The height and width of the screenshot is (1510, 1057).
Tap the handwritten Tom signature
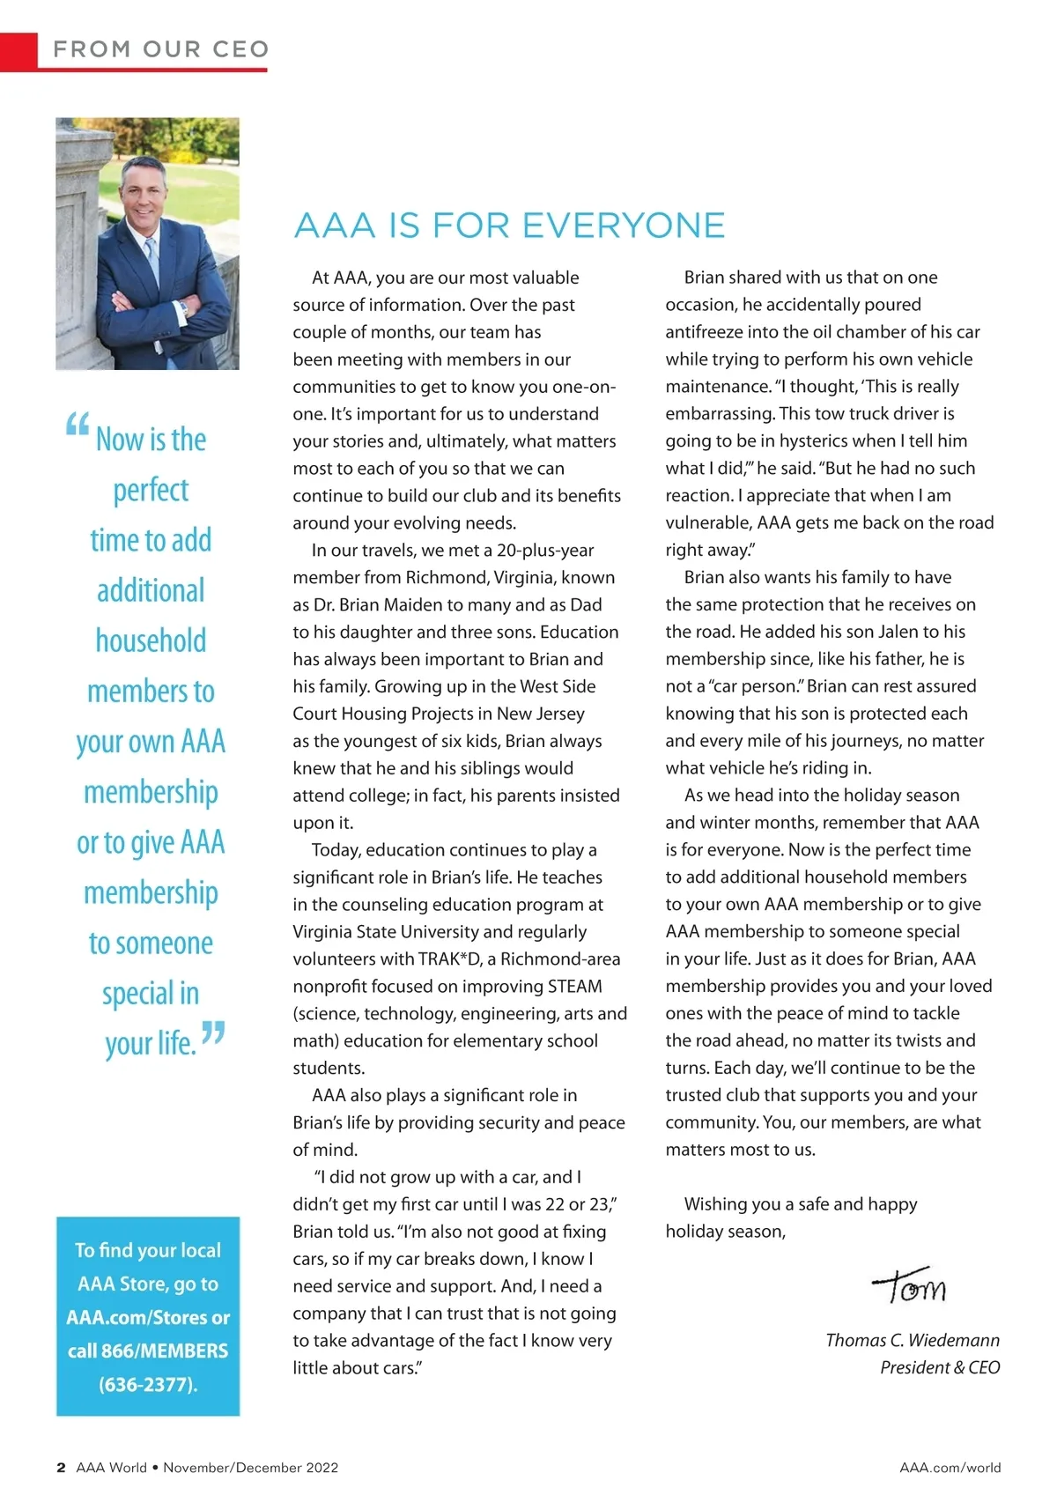(909, 1287)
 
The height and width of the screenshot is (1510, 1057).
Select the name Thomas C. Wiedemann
(912, 1340)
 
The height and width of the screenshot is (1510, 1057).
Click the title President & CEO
(939, 1367)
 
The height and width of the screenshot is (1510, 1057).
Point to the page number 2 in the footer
(61, 1468)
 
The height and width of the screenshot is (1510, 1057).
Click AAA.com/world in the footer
(950, 1468)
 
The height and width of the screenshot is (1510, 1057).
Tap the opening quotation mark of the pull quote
(78, 426)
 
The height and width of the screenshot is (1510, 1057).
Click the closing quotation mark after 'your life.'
(213, 1033)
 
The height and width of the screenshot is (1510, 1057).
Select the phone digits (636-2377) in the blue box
(148, 1384)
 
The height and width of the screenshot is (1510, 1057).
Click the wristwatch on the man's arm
(184, 308)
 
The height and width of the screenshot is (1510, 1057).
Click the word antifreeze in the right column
(704, 332)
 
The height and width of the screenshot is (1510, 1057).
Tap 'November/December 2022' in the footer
(250, 1468)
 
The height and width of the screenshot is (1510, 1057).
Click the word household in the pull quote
(151, 640)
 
